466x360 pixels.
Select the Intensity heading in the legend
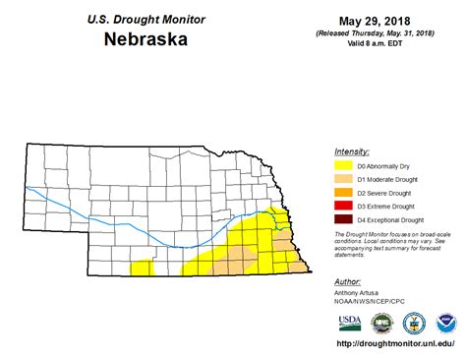pos(351,152)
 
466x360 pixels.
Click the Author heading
pos(347,282)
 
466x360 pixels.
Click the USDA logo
pos(349,323)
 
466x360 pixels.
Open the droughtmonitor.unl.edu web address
pos(394,343)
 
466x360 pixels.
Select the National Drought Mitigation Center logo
pos(381,323)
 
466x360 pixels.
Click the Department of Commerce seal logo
pos(415,323)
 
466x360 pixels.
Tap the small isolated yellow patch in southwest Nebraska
pos(143,266)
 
